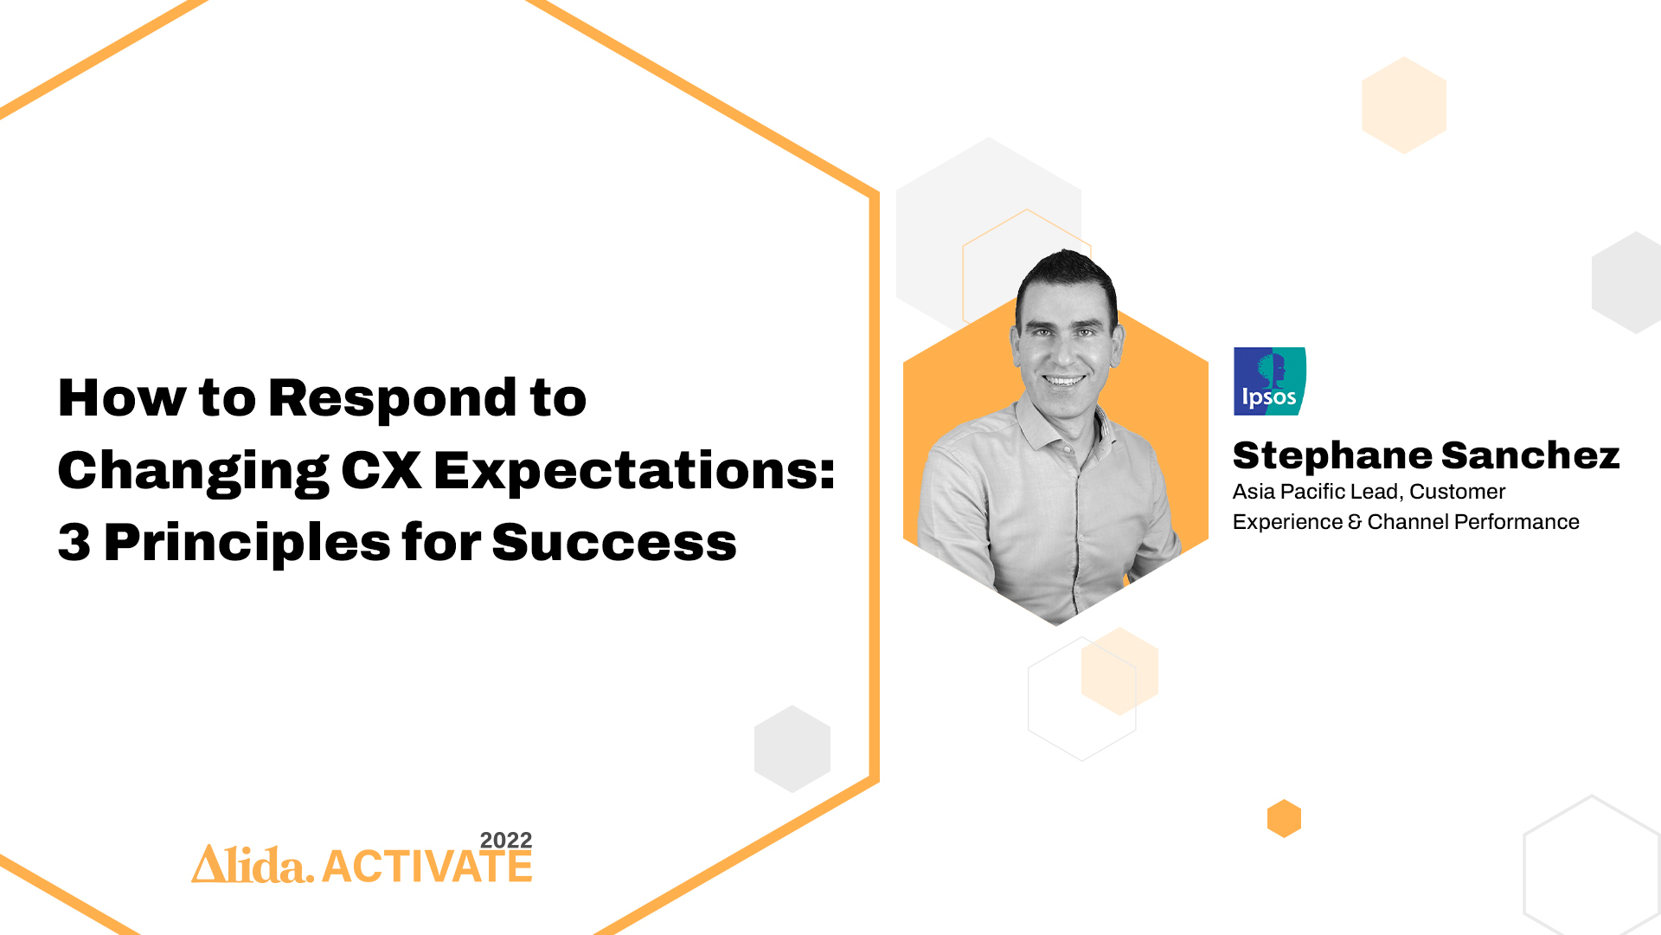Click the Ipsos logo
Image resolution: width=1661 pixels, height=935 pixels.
[x=1269, y=381]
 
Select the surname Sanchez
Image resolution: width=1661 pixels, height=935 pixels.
[x=1530, y=455]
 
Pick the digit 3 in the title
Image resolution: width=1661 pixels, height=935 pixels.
[x=74, y=543]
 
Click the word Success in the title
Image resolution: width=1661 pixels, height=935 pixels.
[x=614, y=543]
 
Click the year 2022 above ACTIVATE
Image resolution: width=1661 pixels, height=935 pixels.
[x=506, y=840]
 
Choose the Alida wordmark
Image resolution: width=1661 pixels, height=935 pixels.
[x=253, y=864]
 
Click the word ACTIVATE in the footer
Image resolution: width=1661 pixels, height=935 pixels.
[x=427, y=867]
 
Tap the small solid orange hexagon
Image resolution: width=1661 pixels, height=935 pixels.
[x=1284, y=818]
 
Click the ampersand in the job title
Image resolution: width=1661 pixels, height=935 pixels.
[x=1355, y=522]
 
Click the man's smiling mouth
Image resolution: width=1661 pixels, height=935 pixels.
[x=1063, y=380]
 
